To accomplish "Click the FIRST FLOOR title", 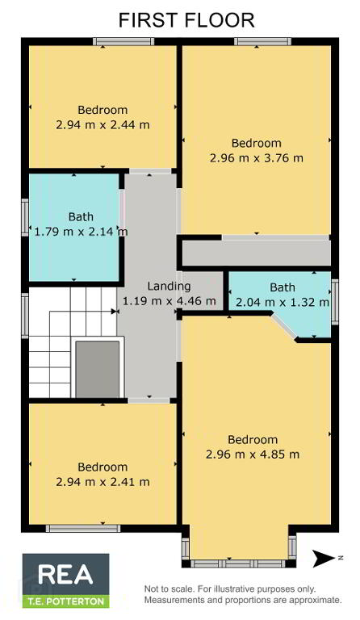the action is pyautogui.click(x=186, y=20).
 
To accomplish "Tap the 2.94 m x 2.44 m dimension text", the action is pyautogui.click(x=103, y=125).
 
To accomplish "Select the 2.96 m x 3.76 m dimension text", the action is pyautogui.click(x=257, y=158).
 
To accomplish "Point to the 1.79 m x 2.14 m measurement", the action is pyautogui.click(x=81, y=232).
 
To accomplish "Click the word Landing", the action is pyautogui.click(x=169, y=287).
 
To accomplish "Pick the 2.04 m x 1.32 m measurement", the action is pyautogui.click(x=283, y=303).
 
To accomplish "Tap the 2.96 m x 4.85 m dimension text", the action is pyautogui.click(x=253, y=455).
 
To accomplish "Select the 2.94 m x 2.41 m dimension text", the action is pyautogui.click(x=103, y=482).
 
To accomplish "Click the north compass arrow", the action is pyautogui.click(x=324, y=559).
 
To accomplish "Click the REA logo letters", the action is pyautogui.click(x=65, y=575).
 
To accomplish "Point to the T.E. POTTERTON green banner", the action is pyautogui.click(x=65, y=601).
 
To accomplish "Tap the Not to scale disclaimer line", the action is pyautogui.click(x=230, y=589).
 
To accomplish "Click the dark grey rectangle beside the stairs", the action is pyautogui.click(x=97, y=369).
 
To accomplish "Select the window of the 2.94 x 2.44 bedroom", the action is pyautogui.click(x=123, y=41).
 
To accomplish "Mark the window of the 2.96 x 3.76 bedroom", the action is pyautogui.click(x=263, y=41).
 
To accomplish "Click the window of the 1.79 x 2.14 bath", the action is pyautogui.click(x=25, y=217).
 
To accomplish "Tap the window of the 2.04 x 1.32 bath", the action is pyautogui.click(x=335, y=302).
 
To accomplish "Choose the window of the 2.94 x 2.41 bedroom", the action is pyautogui.click(x=83, y=528).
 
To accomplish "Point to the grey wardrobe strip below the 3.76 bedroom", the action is pyautogui.click(x=257, y=253).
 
